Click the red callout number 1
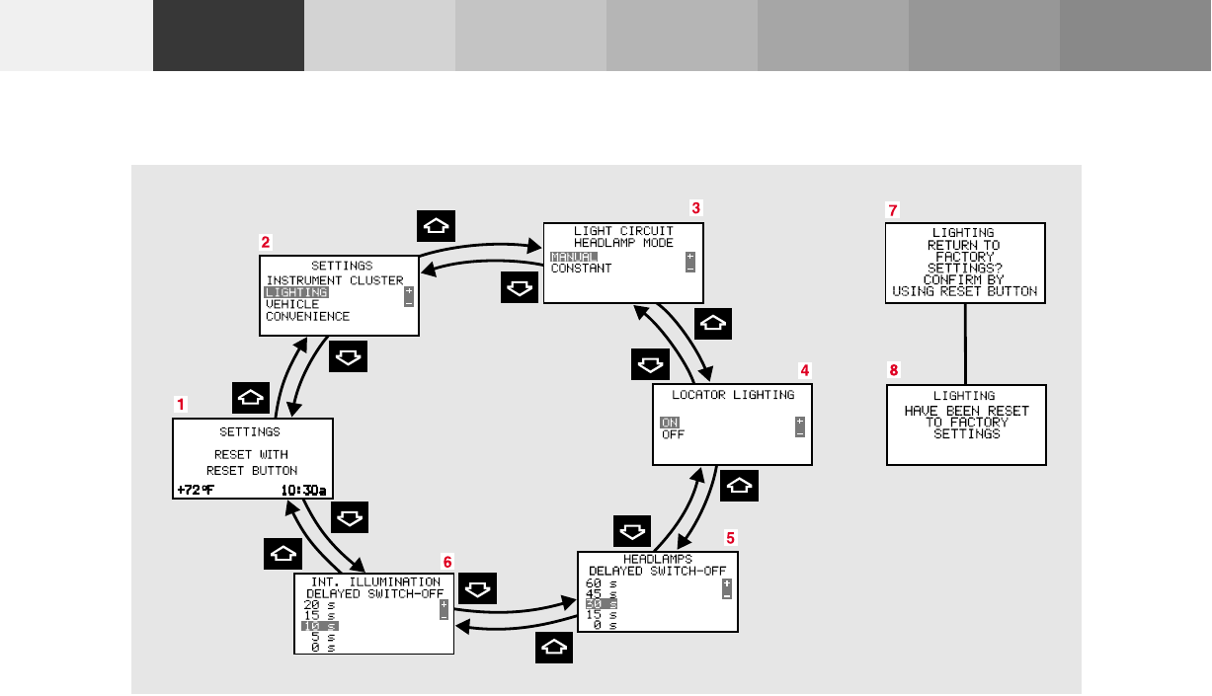[x=180, y=404]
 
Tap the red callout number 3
[x=695, y=208]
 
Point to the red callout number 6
[x=447, y=561]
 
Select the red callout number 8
[x=894, y=371]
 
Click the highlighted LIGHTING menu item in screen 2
[x=296, y=292]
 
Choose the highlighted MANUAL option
[x=574, y=257]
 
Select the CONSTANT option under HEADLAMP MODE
[x=581, y=269]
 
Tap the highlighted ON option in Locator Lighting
[x=670, y=423]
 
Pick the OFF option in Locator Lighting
[x=673, y=434]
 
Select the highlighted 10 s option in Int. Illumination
[x=319, y=626]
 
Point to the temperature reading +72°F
[x=196, y=490]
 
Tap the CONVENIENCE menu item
[x=307, y=317]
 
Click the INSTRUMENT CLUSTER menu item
[x=335, y=280]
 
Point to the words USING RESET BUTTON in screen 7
[x=964, y=291]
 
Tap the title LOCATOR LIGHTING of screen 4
[x=733, y=395]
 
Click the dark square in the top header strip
[x=228, y=36]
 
